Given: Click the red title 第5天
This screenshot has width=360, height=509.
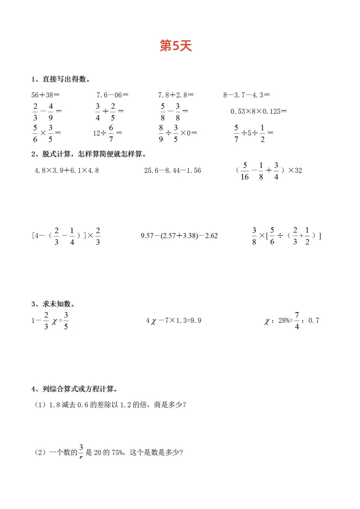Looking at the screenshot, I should click(x=176, y=46).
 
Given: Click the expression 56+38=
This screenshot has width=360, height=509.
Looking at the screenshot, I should click(x=45, y=95).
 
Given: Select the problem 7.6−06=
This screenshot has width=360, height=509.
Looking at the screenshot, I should click(x=112, y=95).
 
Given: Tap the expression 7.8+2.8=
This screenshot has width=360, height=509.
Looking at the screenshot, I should click(x=176, y=95).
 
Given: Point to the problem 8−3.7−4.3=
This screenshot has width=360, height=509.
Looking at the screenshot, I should click(x=246, y=95).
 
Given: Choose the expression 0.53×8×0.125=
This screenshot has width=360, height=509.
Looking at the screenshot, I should click(x=258, y=111).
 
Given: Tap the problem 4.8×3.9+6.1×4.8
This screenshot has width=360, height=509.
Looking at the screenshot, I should click(x=67, y=170).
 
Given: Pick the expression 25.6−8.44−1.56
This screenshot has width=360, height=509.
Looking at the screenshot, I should click(x=172, y=170).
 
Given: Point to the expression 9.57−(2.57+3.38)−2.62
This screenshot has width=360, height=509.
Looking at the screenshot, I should click(x=179, y=236).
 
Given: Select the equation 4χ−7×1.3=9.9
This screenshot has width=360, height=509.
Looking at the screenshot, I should click(x=173, y=321).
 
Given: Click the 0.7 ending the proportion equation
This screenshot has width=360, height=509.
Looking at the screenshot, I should click(x=314, y=321).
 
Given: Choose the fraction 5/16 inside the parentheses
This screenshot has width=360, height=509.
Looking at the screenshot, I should click(x=245, y=171).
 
